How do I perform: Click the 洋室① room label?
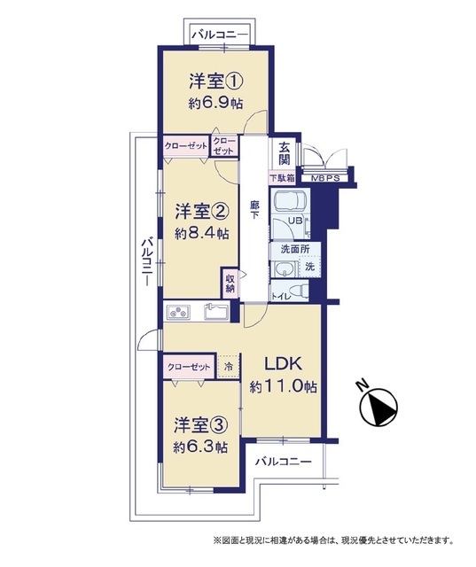[215, 81]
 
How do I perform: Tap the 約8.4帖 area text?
[202, 234]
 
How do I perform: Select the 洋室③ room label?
[200, 425]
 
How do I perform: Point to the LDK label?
[284, 364]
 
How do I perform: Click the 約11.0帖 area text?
[284, 387]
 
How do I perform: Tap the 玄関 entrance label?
[285, 153]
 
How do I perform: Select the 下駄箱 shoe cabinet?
[282, 178]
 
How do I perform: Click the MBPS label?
[325, 179]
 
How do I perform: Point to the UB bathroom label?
[295, 221]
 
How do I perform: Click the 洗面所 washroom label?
[295, 250]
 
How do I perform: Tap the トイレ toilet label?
[280, 297]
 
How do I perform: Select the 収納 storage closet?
[230, 283]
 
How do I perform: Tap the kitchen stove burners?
[178, 312]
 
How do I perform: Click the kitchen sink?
[216, 311]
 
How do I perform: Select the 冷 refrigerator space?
[229, 366]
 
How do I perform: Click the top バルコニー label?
[220, 35]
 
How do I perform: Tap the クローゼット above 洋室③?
[189, 367]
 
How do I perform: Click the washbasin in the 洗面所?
[285, 269]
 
